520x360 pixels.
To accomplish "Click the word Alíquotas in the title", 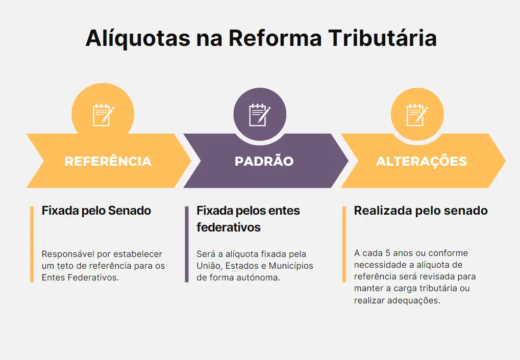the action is (138, 38).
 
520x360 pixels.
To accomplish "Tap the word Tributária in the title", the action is (383, 37).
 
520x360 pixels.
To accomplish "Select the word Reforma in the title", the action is (275, 38).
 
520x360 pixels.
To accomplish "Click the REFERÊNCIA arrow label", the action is (108, 161).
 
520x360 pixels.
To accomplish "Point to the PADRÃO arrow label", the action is (264, 161).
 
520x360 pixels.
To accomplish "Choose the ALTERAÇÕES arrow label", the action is (422, 161).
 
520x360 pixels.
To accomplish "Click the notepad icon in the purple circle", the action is (260, 115).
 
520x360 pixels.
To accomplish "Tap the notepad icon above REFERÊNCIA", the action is (103, 115).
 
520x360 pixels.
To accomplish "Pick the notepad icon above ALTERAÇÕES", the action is (417, 115).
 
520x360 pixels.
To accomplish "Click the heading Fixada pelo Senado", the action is (96, 211).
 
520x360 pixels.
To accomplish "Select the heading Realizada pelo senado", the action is (421, 211).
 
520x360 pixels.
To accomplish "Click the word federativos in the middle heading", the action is (229, 227).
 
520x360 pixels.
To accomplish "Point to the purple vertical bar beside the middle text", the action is (187, 244).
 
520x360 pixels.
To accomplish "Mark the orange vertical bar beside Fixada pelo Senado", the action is (32, 244).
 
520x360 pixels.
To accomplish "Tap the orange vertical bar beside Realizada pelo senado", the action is (344, 244).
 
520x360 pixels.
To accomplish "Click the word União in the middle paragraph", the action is (209, 266).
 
